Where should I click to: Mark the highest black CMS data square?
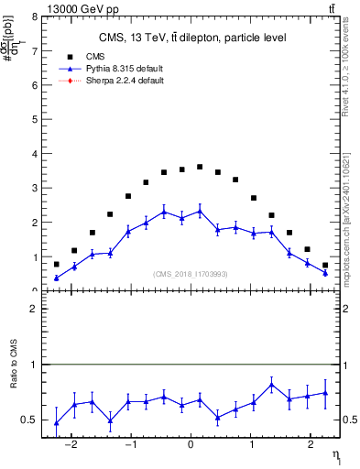pos(200,167)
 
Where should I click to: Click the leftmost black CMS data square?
pos(56,264)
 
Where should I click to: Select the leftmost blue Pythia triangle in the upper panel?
pos(56,278)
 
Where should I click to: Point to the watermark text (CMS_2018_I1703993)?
pos(191,273)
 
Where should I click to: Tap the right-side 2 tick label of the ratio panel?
pos(351,310)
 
